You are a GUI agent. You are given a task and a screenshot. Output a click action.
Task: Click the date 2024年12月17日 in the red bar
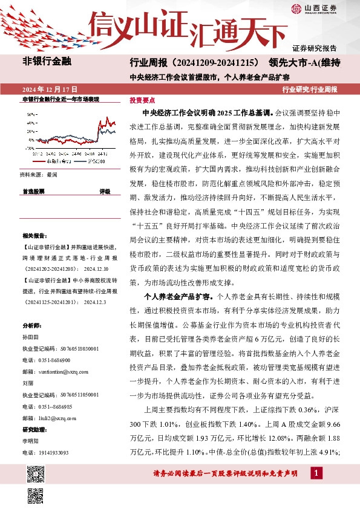(49, 89)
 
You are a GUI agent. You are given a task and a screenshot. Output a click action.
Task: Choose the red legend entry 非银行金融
(61, 161)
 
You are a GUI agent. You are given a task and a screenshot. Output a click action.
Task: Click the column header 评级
(105, 191)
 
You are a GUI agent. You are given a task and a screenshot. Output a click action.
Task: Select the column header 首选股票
(33, 191)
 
